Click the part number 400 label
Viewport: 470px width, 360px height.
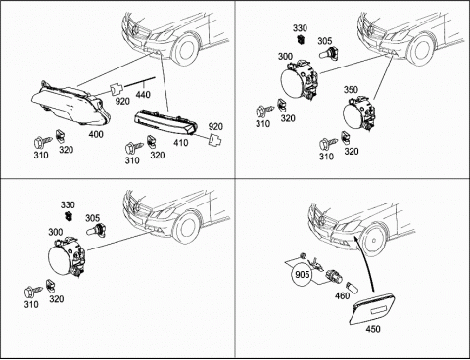(x=96, y=134)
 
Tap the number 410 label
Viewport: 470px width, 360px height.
(x=181, y=143)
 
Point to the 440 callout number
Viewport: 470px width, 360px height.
(x=143, y=95)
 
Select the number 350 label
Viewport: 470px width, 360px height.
(x=351, y=89)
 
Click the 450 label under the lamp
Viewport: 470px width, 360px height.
(x=373, y=329)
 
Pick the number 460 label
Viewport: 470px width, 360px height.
(x=343, y=295)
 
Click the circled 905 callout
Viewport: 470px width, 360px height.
(x=302, y=274)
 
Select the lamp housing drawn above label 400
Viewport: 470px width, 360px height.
(x=70, y=104)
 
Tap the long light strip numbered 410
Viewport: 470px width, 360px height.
(x=165, y=123)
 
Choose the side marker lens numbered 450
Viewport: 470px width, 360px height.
(x=373, y=309)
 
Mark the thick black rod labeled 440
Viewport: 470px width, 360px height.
(x=139, y=82)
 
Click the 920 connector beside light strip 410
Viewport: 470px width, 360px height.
(x=215, y=139)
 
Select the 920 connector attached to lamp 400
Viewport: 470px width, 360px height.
(x=116, y=89)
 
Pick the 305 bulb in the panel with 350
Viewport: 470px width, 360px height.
(x=329, y=52)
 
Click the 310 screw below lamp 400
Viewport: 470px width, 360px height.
(x=42, y=142)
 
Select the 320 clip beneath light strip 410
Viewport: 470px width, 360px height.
(x=151, y=141)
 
